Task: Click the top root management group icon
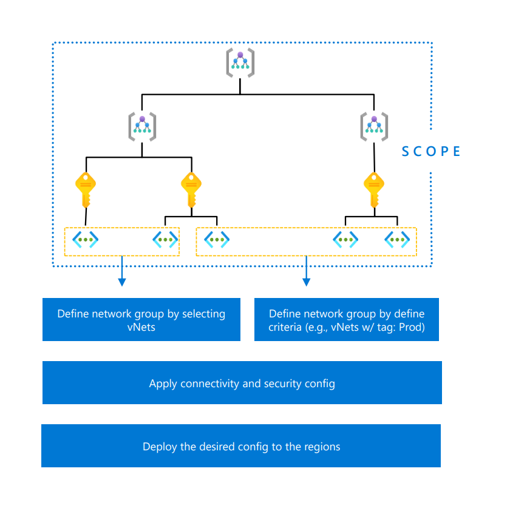pos(240,63)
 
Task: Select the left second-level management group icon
pos(142,127)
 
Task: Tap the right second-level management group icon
pos(374,127)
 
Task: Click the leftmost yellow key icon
pos(86,190)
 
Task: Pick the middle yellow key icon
pos(191,190)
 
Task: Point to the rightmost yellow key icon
pos(374,190)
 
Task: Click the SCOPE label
pos(431,152)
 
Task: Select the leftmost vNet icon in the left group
pos(86,240)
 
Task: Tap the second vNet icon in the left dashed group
pos(165,240)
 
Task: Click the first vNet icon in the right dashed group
pos(217,240)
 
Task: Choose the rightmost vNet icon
pos(397,240)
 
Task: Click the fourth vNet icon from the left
pos(345,240)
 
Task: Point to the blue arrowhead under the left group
pos(122,282)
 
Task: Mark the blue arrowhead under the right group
pos(306,282)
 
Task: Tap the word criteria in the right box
pos(285,327)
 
